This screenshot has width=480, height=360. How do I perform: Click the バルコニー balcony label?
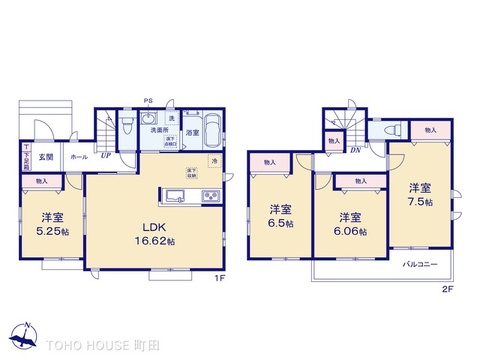417,265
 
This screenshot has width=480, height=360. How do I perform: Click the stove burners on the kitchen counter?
211,195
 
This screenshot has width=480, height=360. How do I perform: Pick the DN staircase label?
356,151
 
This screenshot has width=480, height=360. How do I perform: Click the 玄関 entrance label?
47,157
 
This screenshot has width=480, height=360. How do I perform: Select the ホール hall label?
78,157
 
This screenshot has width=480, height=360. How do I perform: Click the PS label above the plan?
147,99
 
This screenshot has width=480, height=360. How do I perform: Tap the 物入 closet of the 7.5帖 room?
429,130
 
